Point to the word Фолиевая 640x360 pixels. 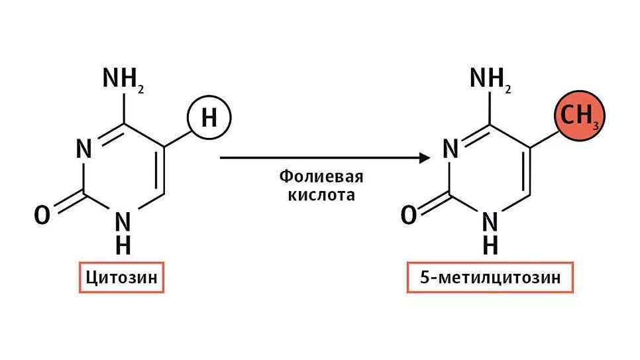tap(321, 178)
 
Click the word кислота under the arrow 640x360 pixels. tap(321, 196)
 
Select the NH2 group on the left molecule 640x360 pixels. tap(123, 79)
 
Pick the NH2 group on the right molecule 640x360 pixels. tap(490, 79)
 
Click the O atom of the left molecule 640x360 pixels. tap(42, 215)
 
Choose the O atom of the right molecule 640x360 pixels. tap(409, 215)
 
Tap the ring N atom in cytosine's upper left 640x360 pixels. tap(83, 149)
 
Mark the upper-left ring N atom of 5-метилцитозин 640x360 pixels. tap(451, 149)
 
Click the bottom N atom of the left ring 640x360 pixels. tap(123, 221)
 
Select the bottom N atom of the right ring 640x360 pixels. tap(490, 221)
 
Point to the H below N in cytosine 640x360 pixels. tap(123, 245)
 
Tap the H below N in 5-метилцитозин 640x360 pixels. tap(490, 245)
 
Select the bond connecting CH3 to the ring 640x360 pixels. tap(545, 137)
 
